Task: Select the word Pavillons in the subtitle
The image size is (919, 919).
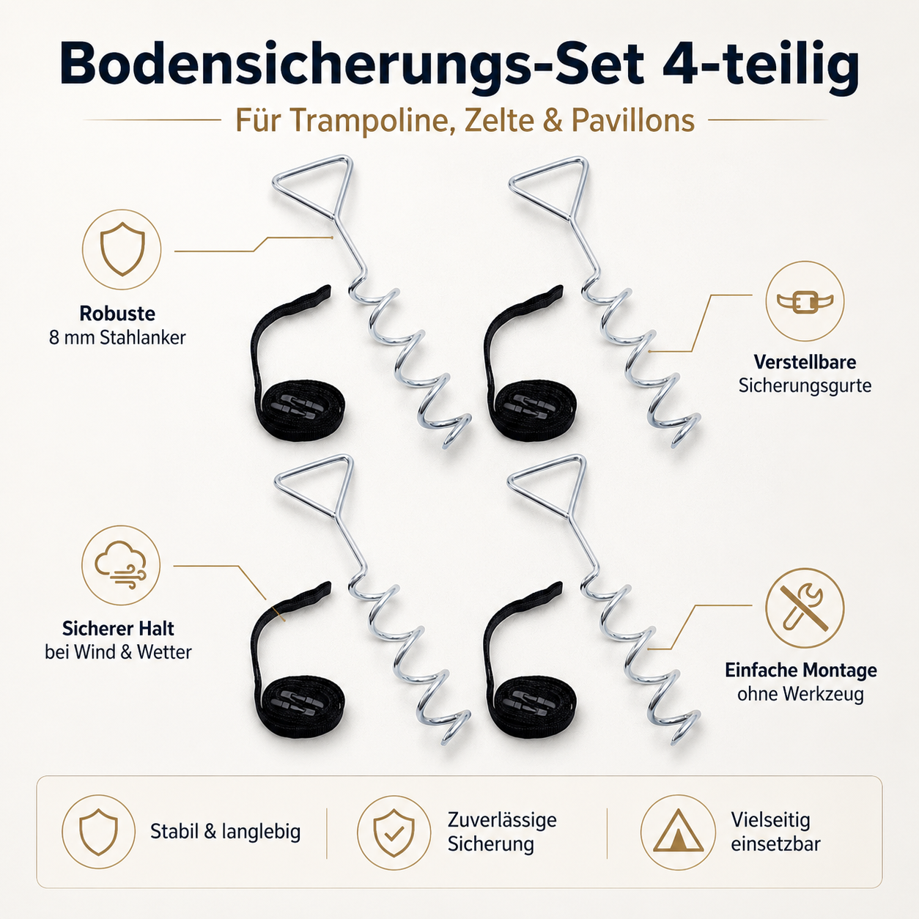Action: [632, 120]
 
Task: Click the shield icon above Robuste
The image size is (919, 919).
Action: [122, 249]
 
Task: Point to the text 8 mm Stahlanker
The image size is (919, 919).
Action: [117, 338]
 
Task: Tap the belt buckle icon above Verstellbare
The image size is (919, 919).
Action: [805, 301]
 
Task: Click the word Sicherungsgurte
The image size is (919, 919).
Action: [805, 385]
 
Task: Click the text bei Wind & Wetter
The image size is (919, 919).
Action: [118, 652]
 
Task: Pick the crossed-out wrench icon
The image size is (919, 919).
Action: [805, 608]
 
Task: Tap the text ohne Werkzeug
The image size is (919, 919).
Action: [801, 694]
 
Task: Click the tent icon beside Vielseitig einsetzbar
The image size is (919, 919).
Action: [678, 833]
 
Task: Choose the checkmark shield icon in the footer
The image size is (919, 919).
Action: [394, 833]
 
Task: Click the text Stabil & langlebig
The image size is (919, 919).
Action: [226, 832]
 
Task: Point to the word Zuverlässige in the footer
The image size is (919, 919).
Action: [502, 820]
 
